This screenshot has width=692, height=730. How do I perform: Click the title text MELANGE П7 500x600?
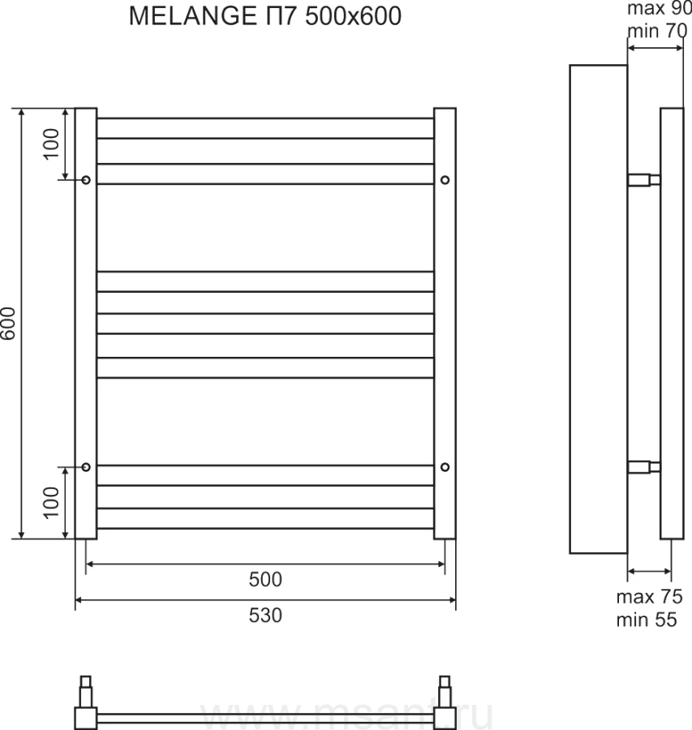[265, 16]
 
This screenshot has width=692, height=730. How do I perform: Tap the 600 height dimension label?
[8, 324]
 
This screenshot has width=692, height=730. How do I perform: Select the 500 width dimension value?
[265, 580]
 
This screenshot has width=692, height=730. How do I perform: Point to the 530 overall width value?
[265, 616]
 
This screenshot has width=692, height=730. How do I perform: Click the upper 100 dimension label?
[52, 144]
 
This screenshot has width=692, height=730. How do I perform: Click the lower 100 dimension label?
[52, 503]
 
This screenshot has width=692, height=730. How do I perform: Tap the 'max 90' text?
[660, 8]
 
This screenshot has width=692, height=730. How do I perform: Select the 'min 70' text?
[657, 31]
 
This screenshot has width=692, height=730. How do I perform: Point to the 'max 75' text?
[649, 597]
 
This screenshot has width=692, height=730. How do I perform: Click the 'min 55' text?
[647, 620]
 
